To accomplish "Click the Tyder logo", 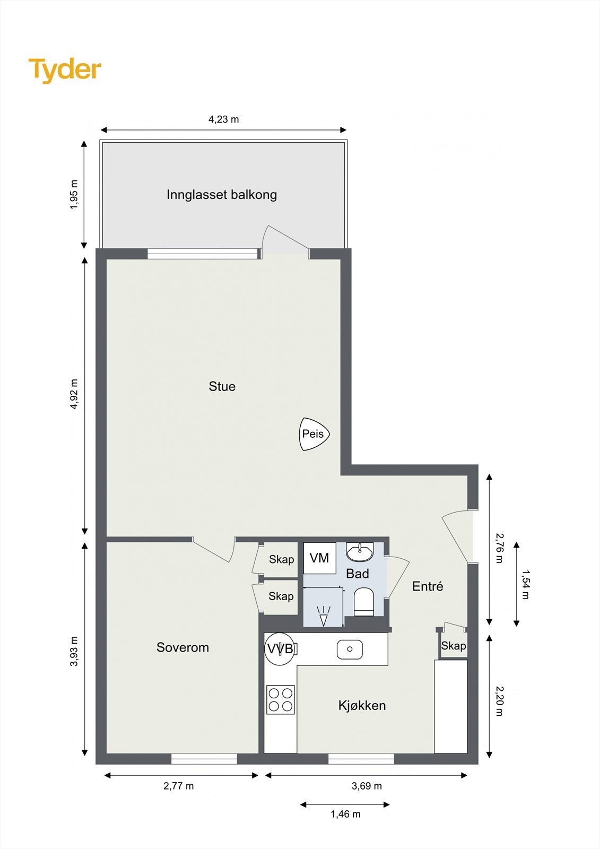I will [64, 70].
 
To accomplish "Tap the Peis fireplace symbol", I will [314, 434].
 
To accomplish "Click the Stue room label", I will [222, 386].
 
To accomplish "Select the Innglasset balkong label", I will [222, 195].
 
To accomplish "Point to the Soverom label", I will [182, 647].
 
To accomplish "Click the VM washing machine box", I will [319, 558].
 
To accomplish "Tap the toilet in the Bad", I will [364, 602].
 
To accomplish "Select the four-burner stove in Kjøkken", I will [281, 699].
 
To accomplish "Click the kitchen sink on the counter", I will [350, 649].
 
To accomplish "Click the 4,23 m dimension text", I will [223, 119].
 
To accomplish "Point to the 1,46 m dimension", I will [345, 814].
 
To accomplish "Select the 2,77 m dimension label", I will [178, 786].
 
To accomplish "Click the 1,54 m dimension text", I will [525, 584].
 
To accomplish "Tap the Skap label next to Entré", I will [454, 646].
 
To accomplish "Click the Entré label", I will [428, 586].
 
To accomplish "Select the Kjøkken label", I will [362, 705].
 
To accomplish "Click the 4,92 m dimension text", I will [74, 394].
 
